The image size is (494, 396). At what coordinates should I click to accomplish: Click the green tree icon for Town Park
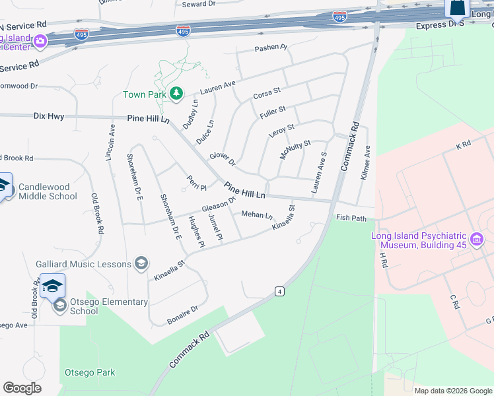click(x=176, y=94)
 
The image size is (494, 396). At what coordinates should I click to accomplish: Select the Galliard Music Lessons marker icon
click(x=141, y=264)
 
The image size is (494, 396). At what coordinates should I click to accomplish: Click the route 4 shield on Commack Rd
click(x=280, y=291)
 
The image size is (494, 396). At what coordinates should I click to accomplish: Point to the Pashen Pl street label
click(x=271, y=48)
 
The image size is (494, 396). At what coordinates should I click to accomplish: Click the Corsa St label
click(x=267, y=94)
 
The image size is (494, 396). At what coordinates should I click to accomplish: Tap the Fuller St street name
click(x=273, y=112)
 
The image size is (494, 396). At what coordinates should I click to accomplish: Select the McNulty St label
click(x=295, y=149)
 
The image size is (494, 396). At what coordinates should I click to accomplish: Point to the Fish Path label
click(x=351, y=217)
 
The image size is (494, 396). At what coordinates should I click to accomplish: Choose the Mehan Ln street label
click(x=256, y=214)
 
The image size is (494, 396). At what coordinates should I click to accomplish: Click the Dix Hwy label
click(x=49, y=116)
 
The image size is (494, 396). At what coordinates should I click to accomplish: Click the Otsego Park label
click(x=90, y=372)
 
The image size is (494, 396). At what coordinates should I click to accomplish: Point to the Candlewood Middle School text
click(x=48, y=191)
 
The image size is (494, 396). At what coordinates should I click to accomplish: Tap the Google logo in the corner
click(x=22, y=387)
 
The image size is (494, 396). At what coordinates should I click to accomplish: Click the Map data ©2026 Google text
click(x=453, y=391)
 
